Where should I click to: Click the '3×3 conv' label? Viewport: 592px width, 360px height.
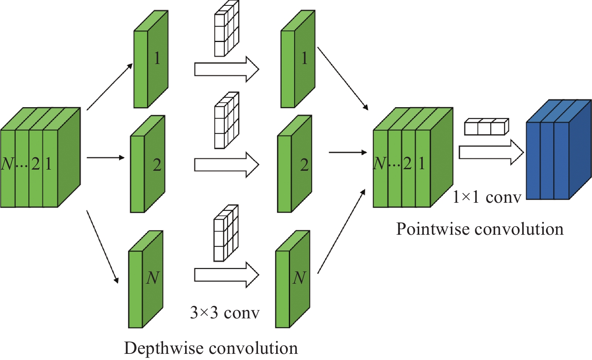[224, 313]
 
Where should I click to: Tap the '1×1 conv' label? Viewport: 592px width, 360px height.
[487, 197]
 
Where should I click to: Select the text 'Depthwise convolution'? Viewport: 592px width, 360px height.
[211, 348]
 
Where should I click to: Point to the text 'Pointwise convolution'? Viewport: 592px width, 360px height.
[480, 229]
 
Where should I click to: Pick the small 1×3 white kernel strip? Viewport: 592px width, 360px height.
[486, 127]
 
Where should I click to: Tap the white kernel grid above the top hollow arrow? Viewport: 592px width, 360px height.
[226, 29]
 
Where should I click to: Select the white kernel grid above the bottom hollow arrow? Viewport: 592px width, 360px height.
[226, 234]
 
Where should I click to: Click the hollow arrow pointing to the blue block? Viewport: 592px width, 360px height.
[491, 152]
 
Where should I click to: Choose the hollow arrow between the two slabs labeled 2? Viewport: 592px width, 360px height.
[226, 165]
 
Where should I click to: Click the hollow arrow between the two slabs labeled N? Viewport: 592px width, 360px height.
[226, 275]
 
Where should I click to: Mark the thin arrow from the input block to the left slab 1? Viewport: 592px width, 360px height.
[110, 87]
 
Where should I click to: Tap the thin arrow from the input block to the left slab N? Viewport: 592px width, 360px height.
[103, 247]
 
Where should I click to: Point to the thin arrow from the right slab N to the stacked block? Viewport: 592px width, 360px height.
[341, 231]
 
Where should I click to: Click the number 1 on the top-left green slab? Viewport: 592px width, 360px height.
[157, 58]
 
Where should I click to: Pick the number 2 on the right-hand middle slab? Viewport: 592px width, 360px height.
[304, 165]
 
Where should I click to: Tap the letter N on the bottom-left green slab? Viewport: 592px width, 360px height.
[153, 278]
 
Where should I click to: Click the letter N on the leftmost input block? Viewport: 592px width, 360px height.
[7, 164]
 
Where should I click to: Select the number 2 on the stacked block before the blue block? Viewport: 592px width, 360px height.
[407, 164]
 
